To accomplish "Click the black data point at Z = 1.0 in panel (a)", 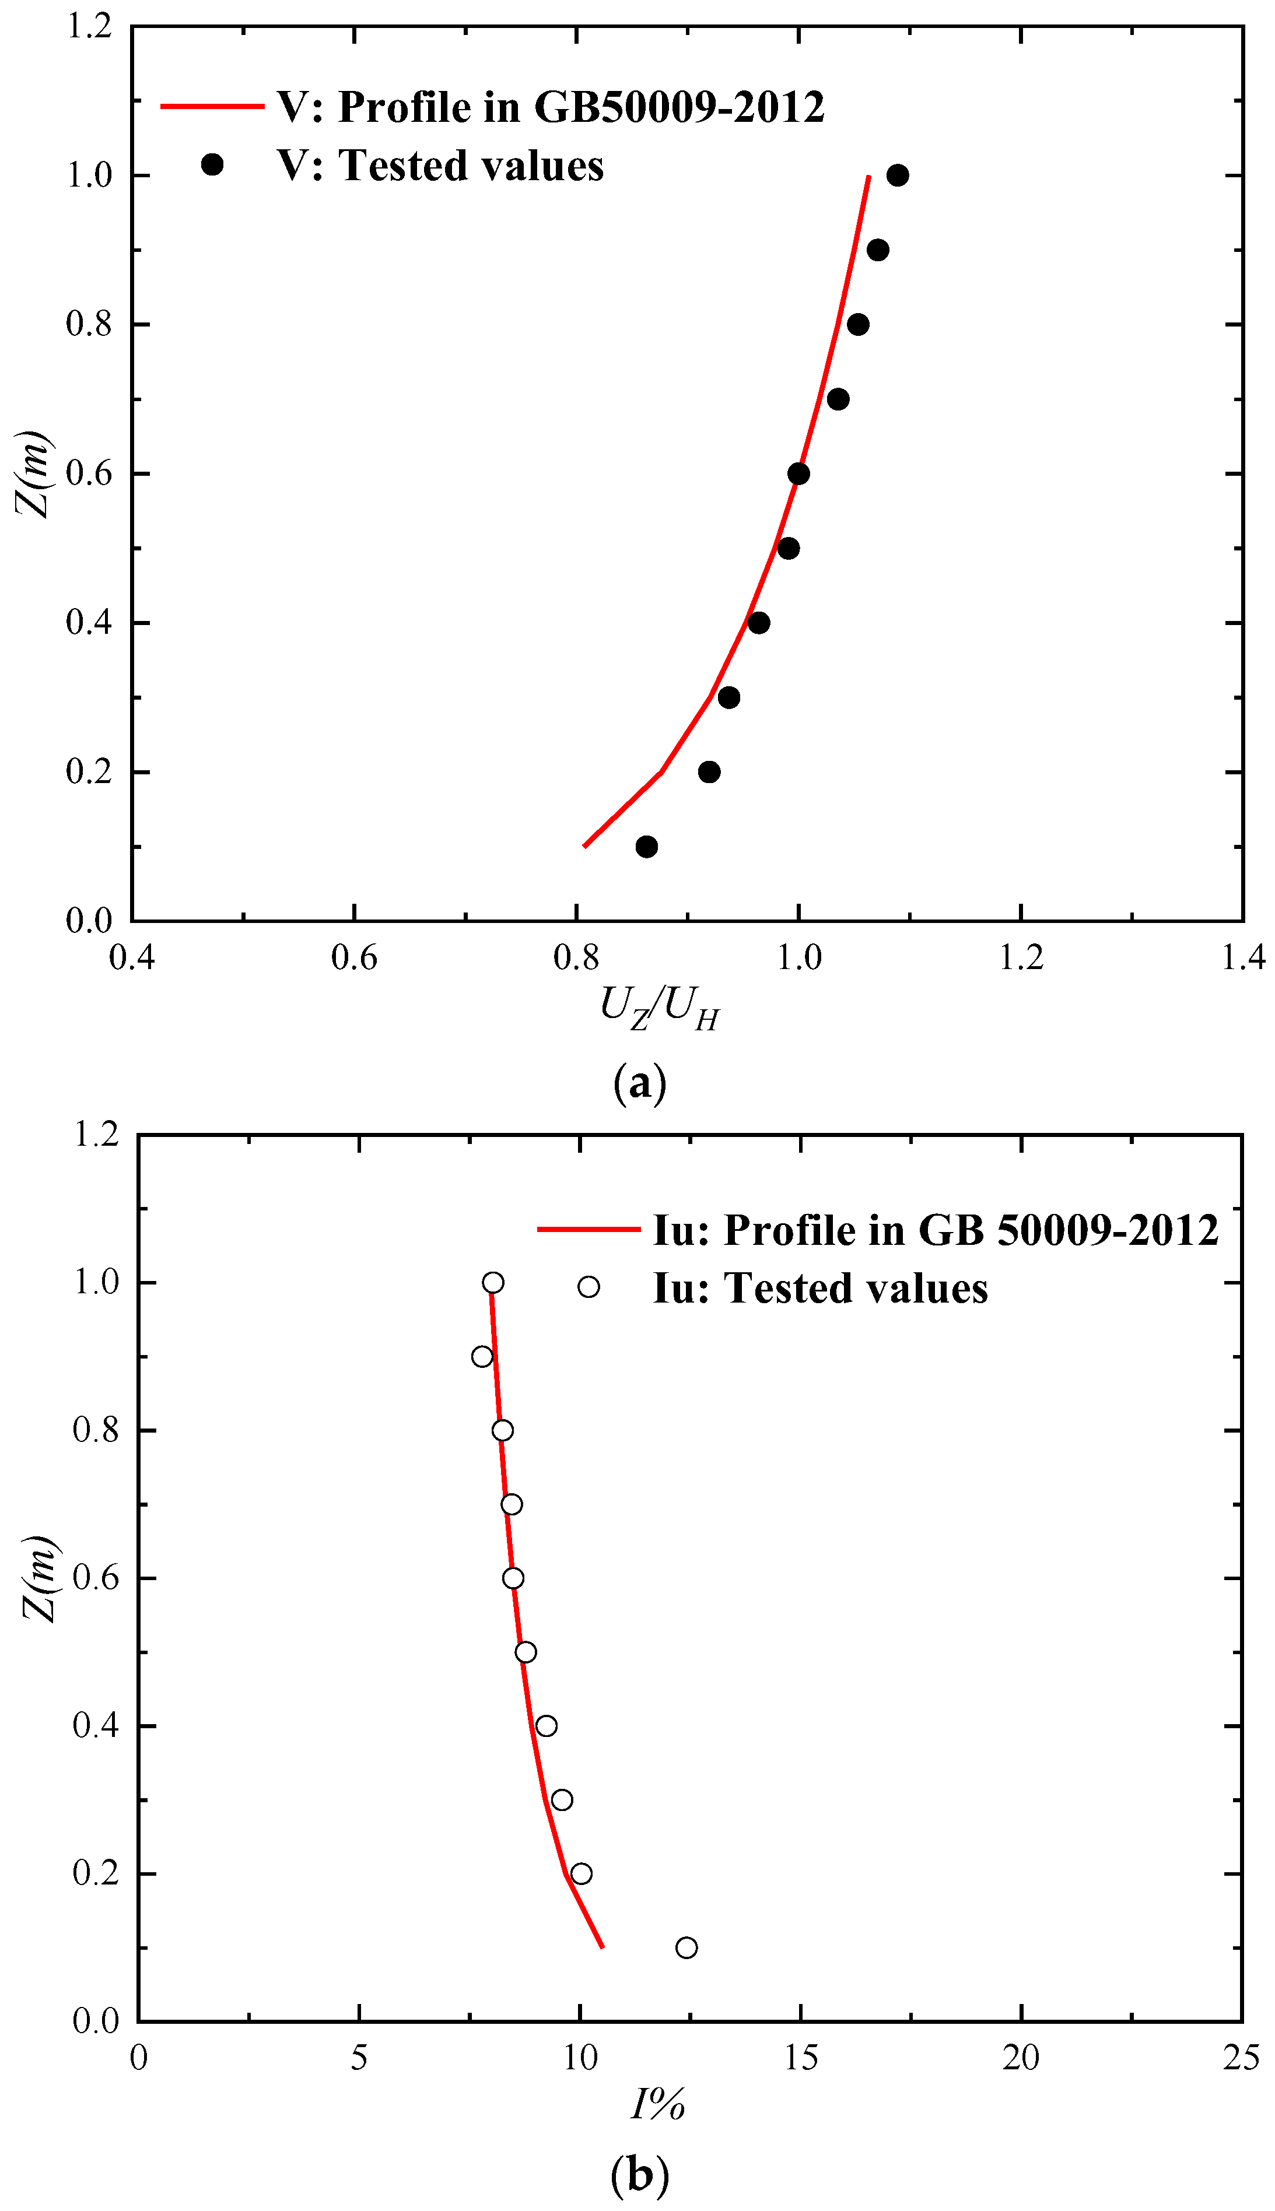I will click(896, 175).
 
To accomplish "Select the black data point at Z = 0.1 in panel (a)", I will click(646, 847).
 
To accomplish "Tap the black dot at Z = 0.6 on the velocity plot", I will click(798, 473).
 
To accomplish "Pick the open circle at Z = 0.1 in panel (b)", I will click(686, 1947).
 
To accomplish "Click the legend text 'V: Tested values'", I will click(440, 166).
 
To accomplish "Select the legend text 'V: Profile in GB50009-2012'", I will click(550, 107).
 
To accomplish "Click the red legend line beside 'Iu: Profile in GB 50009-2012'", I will click(589, 1229).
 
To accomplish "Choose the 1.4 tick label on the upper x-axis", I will click(1242, 957).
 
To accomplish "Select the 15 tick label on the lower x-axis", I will click(800, 2058).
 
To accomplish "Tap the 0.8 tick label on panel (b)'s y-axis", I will click(96, 1430).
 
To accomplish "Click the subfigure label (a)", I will click(639, 1083).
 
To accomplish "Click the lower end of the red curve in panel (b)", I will click(603, 1947).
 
